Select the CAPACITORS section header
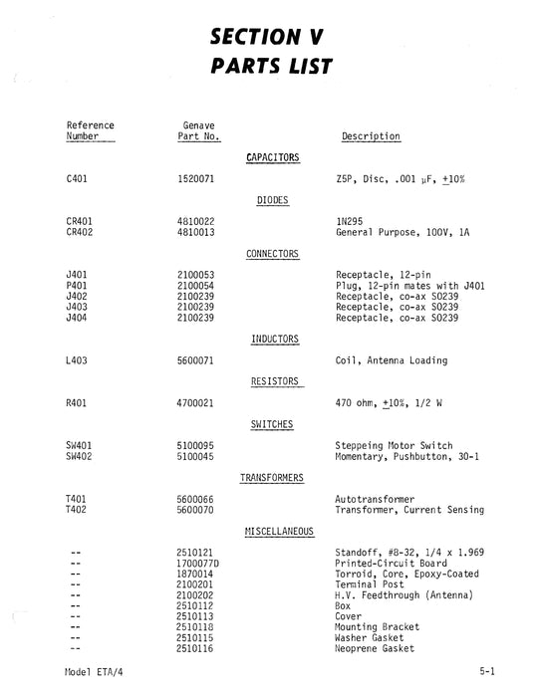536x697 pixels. pyautogui.click(x=272, y=157)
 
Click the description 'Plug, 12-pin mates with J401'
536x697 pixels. pyautogui.click(x=411, y=286)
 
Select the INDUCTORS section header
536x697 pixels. pyautogui.click(x=272, y=340)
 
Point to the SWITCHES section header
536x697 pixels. pyautogui.click(x=272, y=424)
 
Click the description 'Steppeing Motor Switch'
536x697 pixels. pyautogui.click(x=395, y=445)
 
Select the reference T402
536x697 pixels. pyautogui.click(x=76, y=510)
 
